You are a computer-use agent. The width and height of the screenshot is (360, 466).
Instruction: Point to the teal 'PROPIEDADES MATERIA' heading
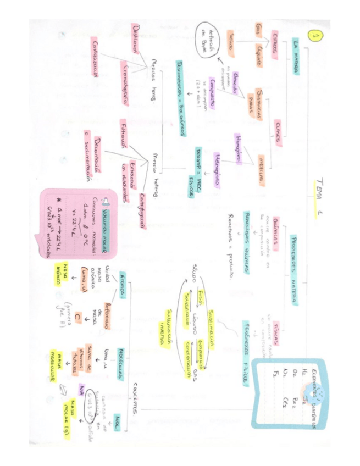coord(302,257)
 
